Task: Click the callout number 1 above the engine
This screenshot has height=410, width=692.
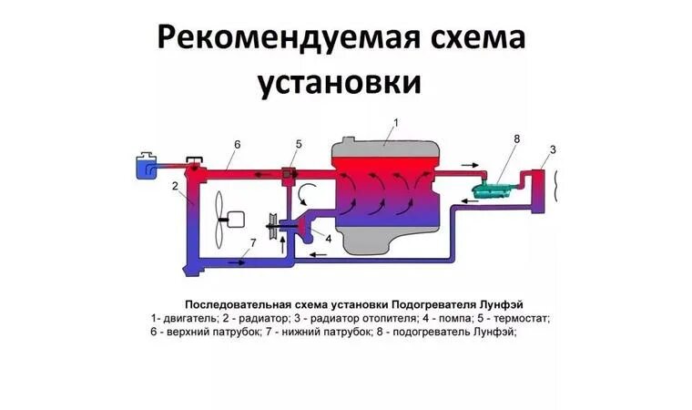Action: pos(396,121)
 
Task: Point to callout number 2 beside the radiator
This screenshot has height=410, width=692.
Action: pos(173,186)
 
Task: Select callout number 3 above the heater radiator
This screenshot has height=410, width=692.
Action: pos(552,149)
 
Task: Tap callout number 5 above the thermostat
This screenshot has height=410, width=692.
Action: pos(298,144)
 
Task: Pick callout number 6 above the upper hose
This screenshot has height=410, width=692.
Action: pos(237,144)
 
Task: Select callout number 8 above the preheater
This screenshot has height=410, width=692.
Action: pos(516,138)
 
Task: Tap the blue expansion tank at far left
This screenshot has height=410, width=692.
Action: pos(144,166)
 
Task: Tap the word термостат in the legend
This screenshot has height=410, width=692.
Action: pos(523,318)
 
